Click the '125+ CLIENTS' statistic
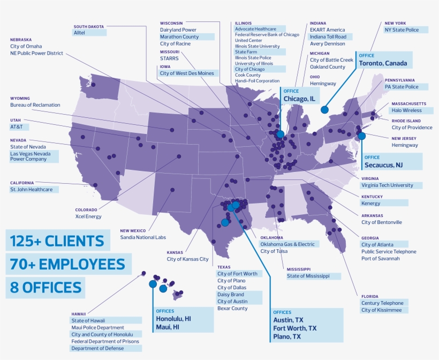(57, 241)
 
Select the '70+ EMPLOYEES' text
(67, 264)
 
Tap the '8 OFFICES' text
(46, 288)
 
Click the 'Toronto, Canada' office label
(383, 63)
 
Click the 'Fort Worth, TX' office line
(295, 328)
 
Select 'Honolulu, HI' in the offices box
(173, 318)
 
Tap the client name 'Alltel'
(80, 33)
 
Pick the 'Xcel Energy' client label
(88, 216)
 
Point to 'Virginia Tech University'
(387, 185)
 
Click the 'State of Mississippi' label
(313, 276)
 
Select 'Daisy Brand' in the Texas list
(231, 295)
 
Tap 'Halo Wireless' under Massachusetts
(406, 110)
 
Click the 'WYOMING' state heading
(21, 98)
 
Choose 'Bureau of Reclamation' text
(35, 105)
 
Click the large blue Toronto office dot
(324, 109)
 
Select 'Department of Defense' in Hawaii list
(97, 348)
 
